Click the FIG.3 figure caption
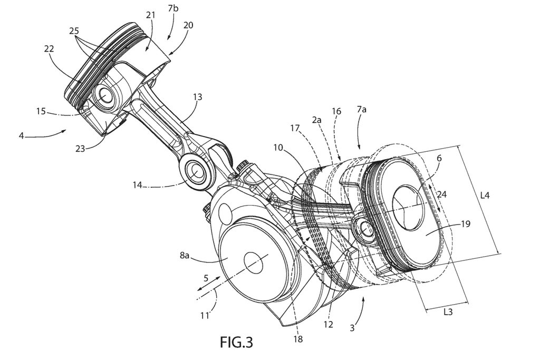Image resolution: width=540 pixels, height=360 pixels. click(236, 342)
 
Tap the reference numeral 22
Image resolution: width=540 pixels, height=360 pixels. click(49, 48)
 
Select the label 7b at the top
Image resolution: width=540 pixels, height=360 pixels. click(173, 8)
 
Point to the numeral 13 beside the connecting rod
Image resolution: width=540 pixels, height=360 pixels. click(197, 97)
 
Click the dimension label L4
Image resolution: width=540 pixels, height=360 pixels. click(485, 195)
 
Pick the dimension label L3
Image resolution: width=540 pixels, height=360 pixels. click(448, 312)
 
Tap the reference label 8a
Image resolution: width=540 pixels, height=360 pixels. click(184, 255)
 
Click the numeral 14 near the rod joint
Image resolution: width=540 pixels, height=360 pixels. click(138, 185)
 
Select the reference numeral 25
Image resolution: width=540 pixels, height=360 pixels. click(74, 31)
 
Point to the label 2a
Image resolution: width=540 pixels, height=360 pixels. click(316, 120)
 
